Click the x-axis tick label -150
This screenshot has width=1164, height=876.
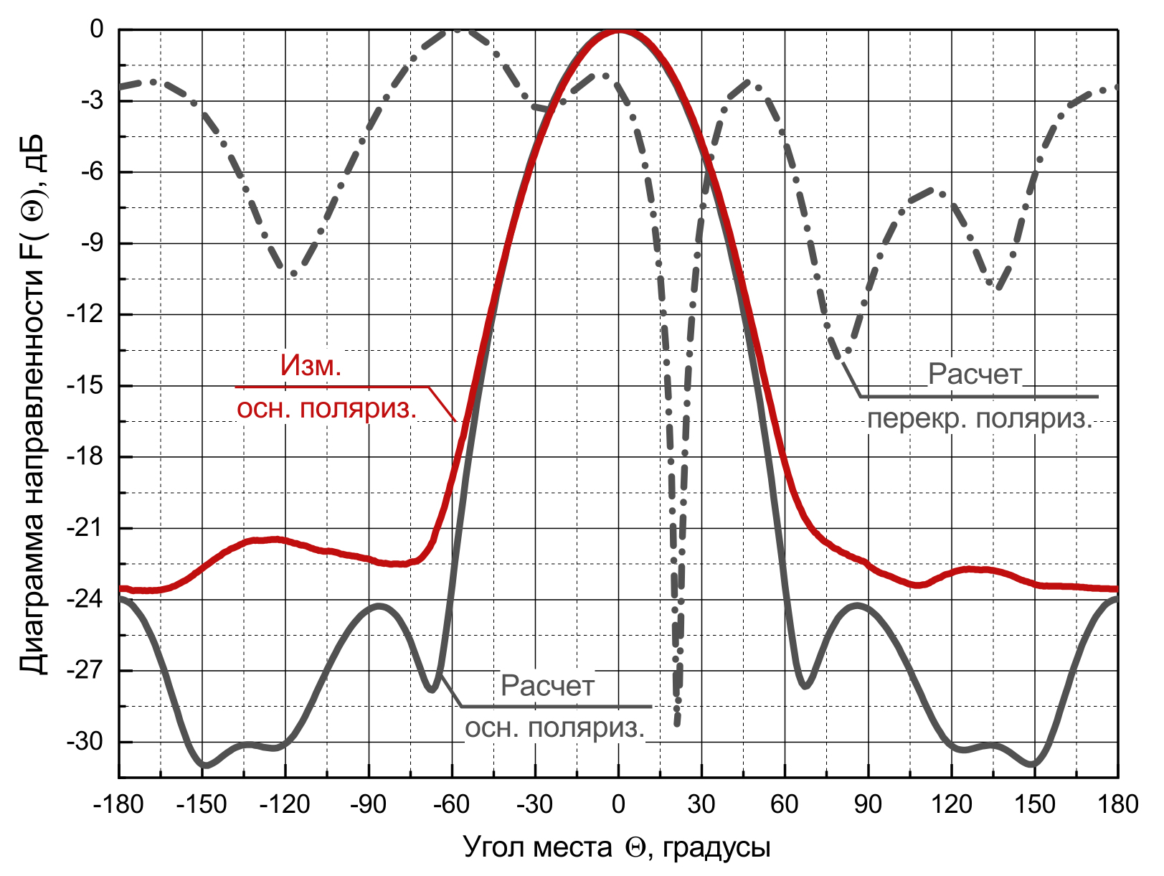(202, 804)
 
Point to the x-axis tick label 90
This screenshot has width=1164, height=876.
(868, 804)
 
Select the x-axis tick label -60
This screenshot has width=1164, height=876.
(451, 804)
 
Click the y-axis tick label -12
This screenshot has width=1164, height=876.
(85, 314)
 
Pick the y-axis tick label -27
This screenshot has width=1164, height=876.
(85, 670)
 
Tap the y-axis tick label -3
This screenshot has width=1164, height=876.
(92, 100)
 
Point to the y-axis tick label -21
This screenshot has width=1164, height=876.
(85, 528)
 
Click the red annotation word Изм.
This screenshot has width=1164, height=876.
(311, 366)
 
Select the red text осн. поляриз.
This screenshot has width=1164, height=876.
(327, 409)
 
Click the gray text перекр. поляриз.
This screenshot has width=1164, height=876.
(980, 418)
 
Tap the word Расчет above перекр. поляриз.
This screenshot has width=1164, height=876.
(975, 374)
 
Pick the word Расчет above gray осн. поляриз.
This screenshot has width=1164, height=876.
(548, 686)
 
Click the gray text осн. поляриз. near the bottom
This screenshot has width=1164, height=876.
(555, 728)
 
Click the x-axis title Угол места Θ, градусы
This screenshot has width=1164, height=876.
(617, 847)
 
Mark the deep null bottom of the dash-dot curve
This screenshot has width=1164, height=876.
(677, 723)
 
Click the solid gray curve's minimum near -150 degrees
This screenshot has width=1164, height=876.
(206, 766)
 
